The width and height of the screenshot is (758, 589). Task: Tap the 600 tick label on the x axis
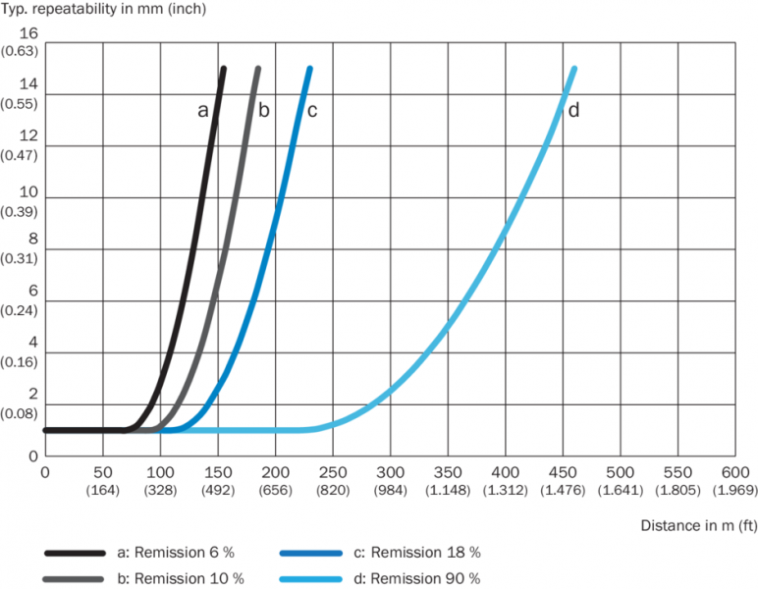click(734, 471)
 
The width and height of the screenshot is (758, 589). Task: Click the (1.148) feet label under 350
click(449, 489)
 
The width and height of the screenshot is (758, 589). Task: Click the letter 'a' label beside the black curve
click(202, 111)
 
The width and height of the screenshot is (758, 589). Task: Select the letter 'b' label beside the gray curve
click(263, 111)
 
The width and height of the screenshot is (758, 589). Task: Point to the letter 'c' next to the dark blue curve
click(312, 111)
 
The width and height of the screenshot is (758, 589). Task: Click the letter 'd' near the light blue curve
click(573, 111)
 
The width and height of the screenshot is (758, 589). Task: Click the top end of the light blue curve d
click(573, 69)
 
